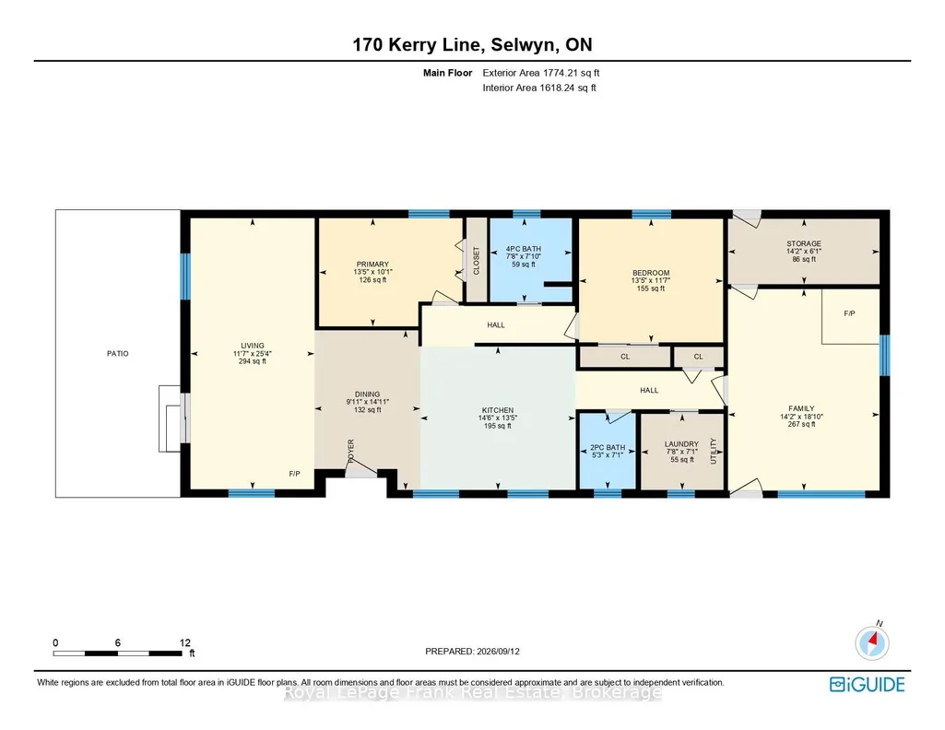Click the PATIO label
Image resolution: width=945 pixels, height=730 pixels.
click(x=117, y=354)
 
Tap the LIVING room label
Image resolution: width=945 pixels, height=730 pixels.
click(x=253, y=346)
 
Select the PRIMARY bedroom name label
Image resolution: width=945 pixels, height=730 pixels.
click(x=372, y=264)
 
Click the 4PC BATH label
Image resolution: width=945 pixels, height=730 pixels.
click(x=523, y=249)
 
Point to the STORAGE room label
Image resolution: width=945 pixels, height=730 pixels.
click(x=804, y=244)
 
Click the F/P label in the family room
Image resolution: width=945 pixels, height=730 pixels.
click(x=849, y=313)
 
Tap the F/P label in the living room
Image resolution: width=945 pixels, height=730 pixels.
click(x=294, y=474)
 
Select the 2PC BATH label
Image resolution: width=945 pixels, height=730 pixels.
click(x=608, y=448)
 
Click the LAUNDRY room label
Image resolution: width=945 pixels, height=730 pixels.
click(x=681, y=444)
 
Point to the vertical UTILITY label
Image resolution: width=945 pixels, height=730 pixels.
click(x=714, y=451)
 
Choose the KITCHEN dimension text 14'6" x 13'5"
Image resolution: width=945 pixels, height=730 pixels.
click(x=498, y=418)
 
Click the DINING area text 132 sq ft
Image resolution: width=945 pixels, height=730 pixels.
click(x=368, y=410)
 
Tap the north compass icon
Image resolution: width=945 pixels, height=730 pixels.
click(x=872, y=642)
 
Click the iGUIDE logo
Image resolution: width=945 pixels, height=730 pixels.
click(x=868, y=684)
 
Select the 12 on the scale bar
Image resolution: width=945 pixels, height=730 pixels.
click(x=185, y=642)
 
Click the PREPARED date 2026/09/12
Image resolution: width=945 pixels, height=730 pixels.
click(x=498, y=651)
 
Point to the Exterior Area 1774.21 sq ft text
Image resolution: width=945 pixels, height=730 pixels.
click(x=541, y=73)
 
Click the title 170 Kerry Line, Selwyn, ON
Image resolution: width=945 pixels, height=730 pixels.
click(x=472, y=44)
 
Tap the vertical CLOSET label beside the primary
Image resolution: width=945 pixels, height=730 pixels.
click(x=476, y=261)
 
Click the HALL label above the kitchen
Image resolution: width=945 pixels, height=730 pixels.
click(x=496, y=325)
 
